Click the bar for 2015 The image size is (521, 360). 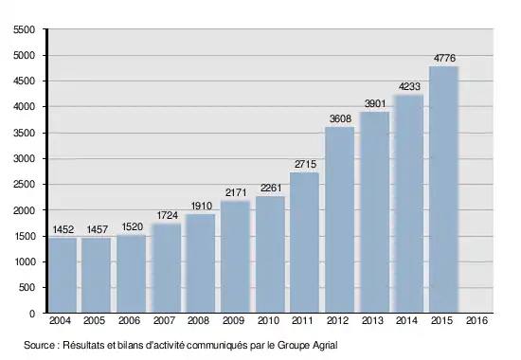pyautogui.click(x=443, y=189)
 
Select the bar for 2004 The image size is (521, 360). pyautogui.click(x=63, y=276)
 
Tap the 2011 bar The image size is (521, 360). pyautogui.click(x=304, y=243)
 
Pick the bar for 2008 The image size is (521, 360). pyautogui.click(x=201, y=263)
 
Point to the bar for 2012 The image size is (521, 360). pyautogui.click(x=339, y=220)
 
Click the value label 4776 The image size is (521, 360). pyautogui.click(x=444, y=58)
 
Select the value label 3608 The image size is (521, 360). pyautogui.click(x=340, y=118)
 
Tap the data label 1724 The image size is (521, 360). pyautogui.click(x=167, y=215)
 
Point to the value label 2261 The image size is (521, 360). pyautogui.click(x=271, y=189)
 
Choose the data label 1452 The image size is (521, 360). pyautogui.click(x=63, y=229)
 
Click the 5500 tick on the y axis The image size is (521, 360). pyautogui.click(x=24, y=30)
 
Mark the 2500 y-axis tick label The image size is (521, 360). pyautogui.click(x=24, y=185)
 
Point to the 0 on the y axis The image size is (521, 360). pyautogui.click(x=32, y=314)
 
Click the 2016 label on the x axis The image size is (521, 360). pyautogui.click(x=476, y=320)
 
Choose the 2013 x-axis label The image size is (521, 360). pyautogui.click(x=372, y=320)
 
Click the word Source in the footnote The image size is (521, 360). pyautogui.click(x=39, y=345)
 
